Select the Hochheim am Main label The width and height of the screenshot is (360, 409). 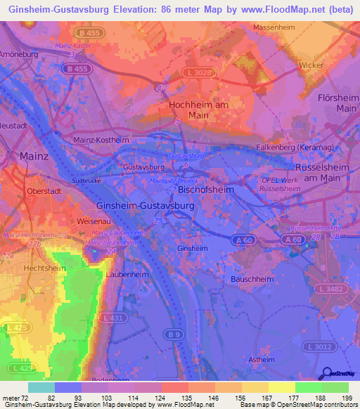pos(199,110)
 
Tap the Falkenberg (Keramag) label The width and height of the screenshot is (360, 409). pos(311,141)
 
